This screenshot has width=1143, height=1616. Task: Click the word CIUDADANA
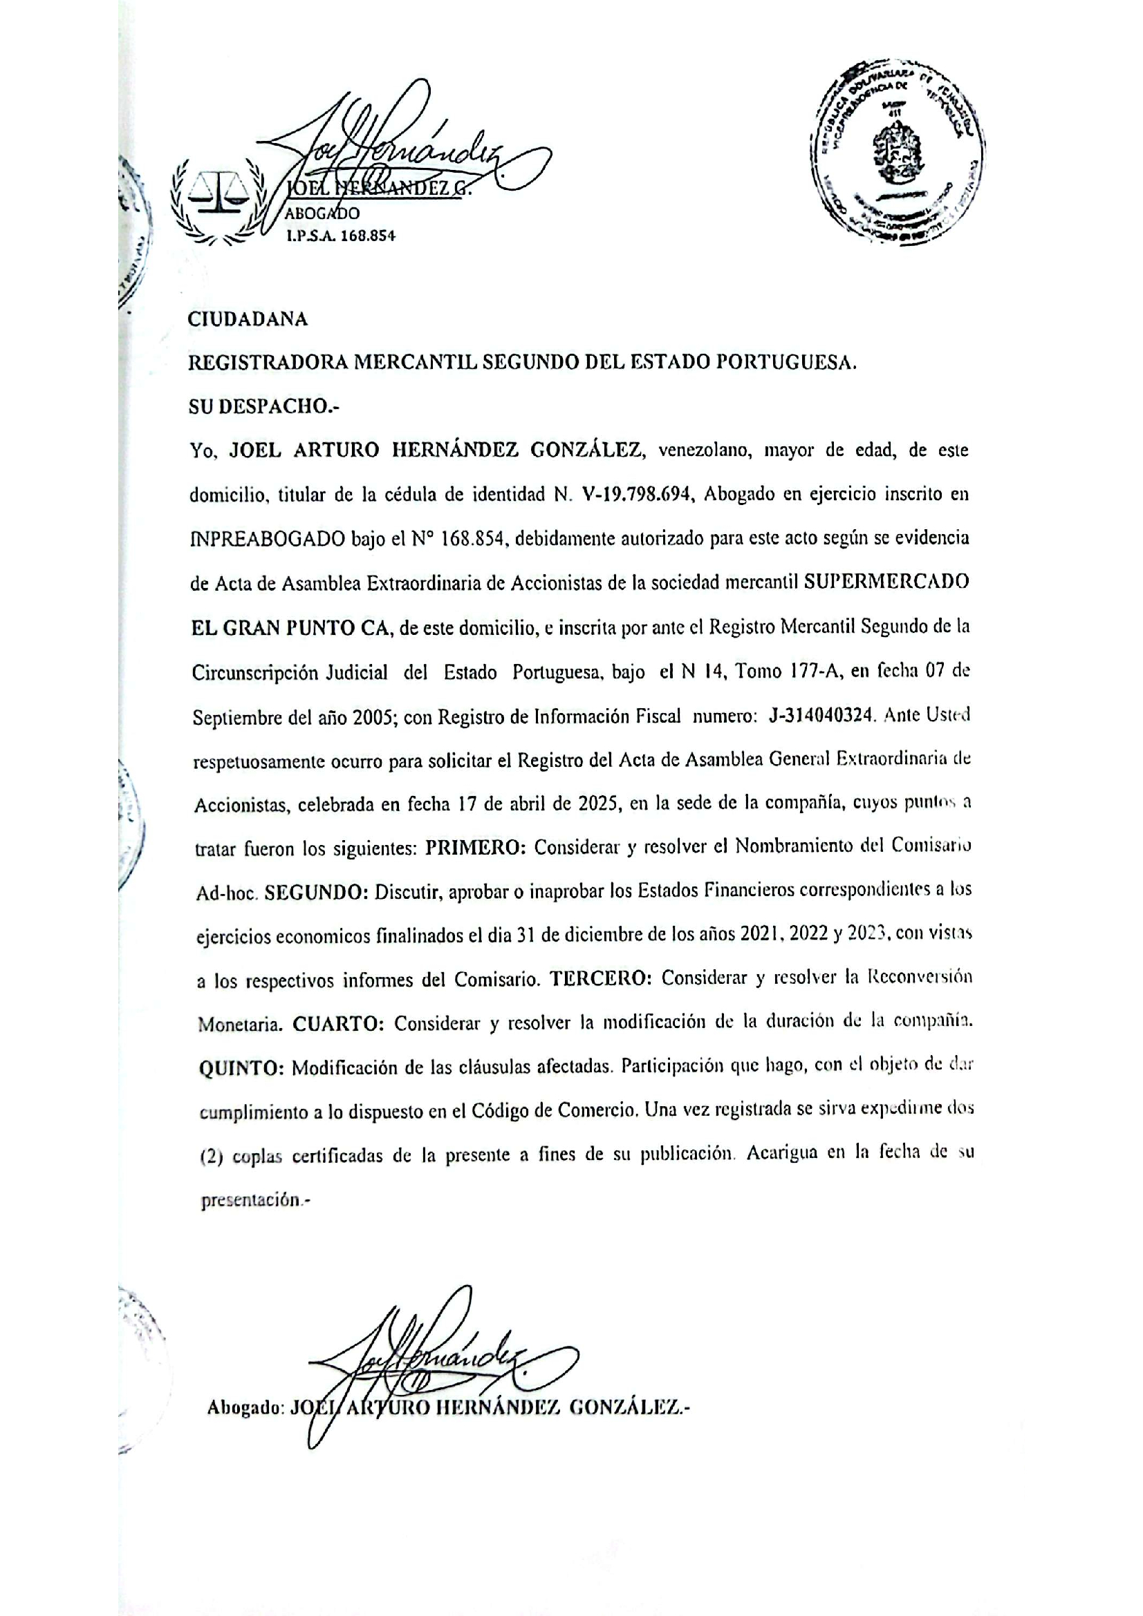(x=248, y=320)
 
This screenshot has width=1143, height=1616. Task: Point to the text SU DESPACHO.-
(x=264, y=407)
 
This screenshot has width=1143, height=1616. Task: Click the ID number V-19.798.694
(x=640, y=495)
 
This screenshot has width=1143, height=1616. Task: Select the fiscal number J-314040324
(x=822, y=716)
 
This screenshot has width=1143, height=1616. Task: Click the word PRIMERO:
(x=475, y=848)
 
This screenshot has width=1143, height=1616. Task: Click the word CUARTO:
(x=338, y=1024)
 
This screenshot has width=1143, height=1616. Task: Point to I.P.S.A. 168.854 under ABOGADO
(x=340, y=236)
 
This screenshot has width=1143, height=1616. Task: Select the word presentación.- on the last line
(x=255, y=1201)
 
